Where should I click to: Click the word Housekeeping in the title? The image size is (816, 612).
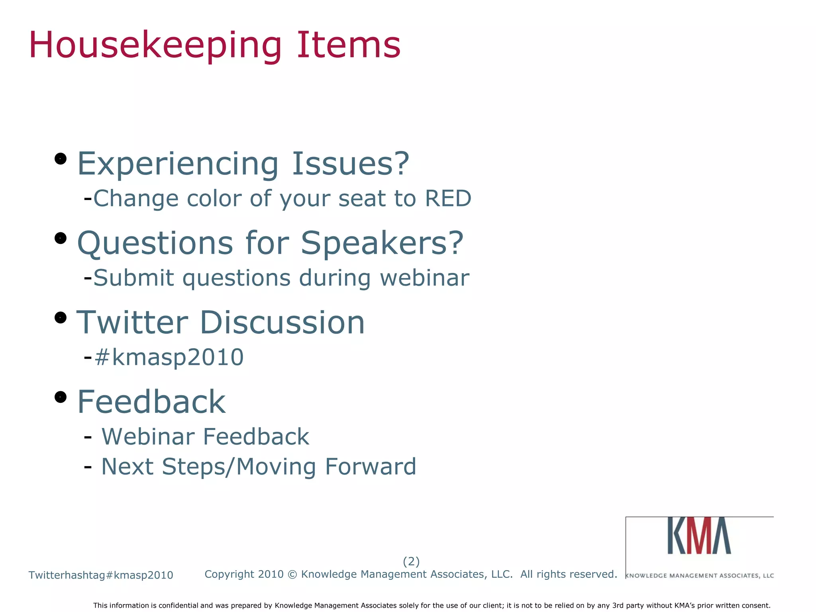coord(155,46)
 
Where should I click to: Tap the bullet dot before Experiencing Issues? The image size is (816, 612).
coord(60,159)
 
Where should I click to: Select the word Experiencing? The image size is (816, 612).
coord(178,164)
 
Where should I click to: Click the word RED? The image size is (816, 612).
coord(448,198)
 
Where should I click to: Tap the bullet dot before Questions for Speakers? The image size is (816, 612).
coord(60,238)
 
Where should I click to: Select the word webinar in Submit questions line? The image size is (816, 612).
coord(425,278)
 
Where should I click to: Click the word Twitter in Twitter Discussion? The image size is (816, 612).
coord(132,322)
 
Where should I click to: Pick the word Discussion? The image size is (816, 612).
coord(282,322)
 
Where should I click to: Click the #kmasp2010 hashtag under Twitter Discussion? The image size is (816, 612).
coord(169,357)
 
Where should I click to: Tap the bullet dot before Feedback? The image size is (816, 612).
coord(60,397)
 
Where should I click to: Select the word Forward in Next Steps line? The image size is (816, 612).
coord(371,467)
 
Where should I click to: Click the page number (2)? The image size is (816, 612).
coord(411,561)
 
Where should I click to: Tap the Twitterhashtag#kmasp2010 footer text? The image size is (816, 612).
coord(101,575)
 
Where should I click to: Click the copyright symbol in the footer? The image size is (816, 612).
coord(292,575)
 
